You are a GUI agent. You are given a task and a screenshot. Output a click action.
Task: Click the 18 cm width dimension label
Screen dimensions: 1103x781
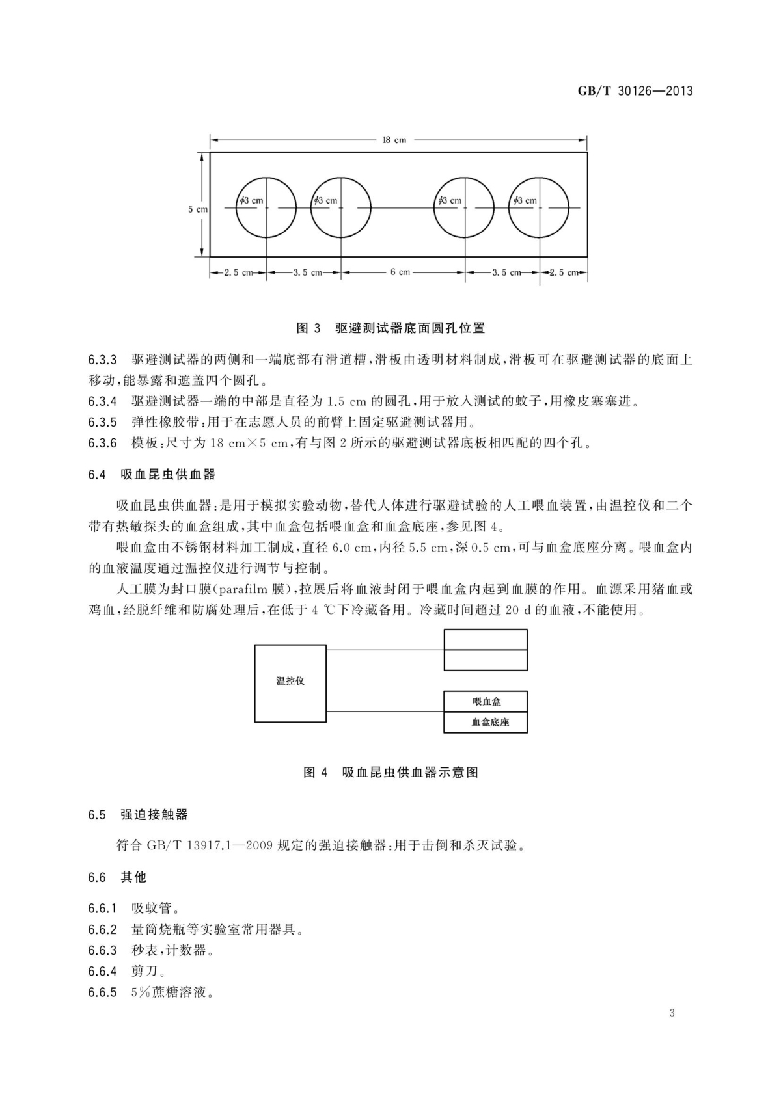[394, 139]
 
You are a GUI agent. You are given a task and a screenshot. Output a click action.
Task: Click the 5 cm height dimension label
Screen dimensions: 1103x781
[198, 209]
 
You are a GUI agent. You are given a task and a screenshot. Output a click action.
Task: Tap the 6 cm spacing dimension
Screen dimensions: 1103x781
[400, 272]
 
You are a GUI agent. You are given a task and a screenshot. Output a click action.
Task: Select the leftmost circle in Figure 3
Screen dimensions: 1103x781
[266, 207]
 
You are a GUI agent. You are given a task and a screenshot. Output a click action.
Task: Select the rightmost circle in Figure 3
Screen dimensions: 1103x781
[539, 207]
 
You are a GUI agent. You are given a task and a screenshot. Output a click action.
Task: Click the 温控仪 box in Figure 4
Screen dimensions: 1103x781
[290, 683]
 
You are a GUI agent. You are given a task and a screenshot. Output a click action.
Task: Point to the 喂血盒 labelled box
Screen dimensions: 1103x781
[486, 702]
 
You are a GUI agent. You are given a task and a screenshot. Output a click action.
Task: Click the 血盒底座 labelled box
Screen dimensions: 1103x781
[486, 723]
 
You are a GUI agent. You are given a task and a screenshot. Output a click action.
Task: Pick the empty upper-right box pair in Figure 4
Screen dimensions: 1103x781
[486, 650]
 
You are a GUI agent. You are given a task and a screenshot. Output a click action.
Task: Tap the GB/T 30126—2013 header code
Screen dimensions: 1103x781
[635, 91]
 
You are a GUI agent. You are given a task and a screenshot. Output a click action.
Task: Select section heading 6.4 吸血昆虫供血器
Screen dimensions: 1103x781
[151, 474]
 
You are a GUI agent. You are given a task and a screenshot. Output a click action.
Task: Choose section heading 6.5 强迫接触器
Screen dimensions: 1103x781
[138, 814]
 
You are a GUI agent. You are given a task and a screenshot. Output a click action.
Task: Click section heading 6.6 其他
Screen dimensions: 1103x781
[117, 877]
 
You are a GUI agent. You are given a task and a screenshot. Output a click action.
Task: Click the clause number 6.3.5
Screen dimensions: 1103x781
[102, 422]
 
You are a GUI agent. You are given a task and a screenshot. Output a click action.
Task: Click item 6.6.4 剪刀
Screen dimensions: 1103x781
[128, 971]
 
